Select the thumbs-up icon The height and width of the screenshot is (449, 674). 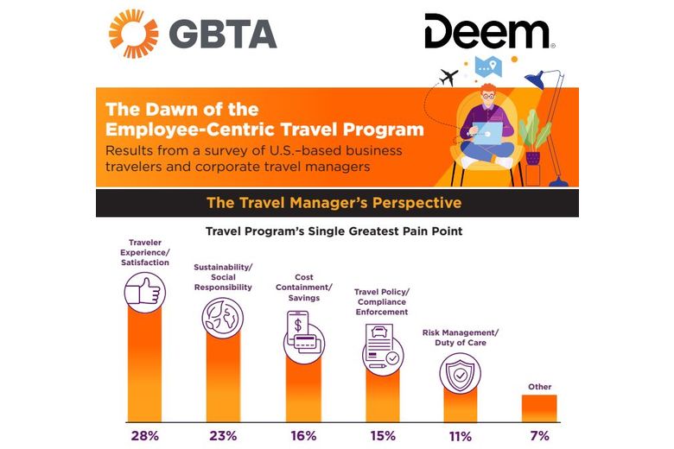144,294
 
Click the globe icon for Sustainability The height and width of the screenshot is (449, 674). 222,318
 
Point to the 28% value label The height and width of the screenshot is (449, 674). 144,435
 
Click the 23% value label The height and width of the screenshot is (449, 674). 223,435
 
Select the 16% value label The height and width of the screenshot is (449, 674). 302,435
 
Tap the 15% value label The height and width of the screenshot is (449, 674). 381,435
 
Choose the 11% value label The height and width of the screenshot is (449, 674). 460,435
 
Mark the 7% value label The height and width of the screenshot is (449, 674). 539,435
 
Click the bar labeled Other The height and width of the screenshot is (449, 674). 539,408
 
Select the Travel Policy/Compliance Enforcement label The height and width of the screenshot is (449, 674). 381,302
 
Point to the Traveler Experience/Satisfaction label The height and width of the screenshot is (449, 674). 144,253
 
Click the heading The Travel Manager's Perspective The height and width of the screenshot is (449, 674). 334,203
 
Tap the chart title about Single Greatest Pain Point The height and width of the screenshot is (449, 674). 334,232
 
